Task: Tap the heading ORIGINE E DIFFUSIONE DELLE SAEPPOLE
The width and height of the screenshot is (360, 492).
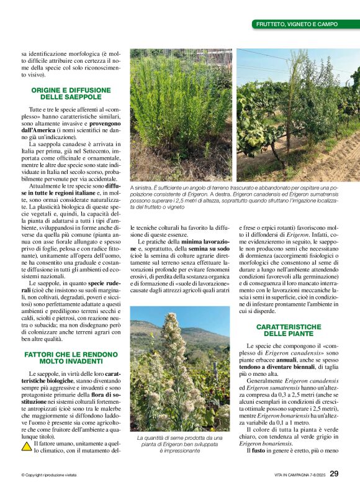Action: click(71, 94)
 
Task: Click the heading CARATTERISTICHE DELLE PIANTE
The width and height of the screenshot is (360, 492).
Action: click(288, 330)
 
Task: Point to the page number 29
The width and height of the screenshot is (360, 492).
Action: click(334, 474)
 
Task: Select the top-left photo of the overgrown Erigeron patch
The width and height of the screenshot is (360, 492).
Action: click(180, 115)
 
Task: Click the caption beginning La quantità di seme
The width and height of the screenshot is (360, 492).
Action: click(179, 444)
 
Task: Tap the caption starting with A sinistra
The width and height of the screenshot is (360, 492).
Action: click(235, 195)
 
